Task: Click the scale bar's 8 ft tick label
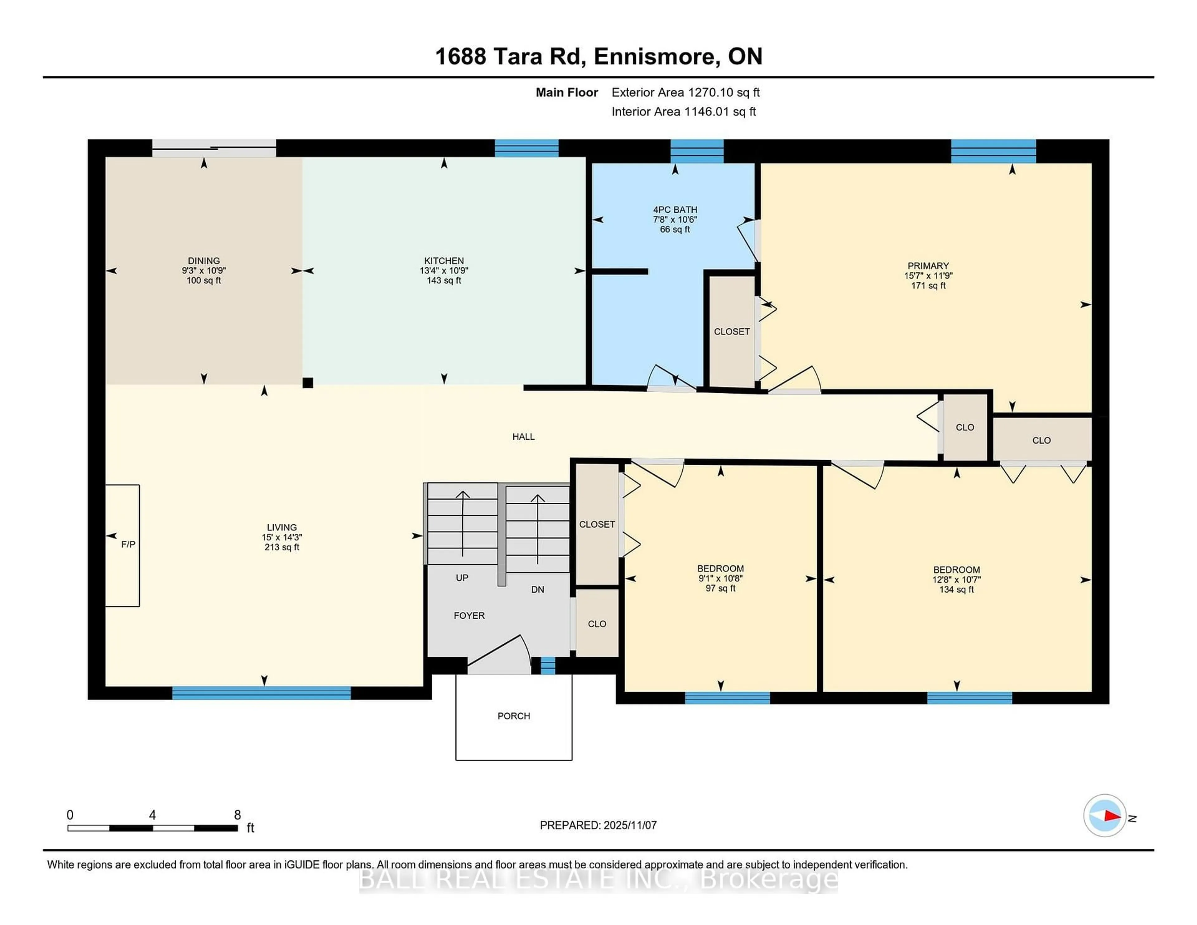(237, 815)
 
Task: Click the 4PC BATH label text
(675, 210)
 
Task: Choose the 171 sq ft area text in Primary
(928, 286)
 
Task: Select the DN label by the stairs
(538, 589)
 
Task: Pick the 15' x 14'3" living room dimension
(282, 537)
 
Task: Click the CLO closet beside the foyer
(597, 624)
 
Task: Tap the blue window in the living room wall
(262, 693)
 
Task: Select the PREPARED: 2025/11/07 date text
(598, 825)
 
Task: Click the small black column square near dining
(308, 383)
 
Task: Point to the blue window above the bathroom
(697, 150)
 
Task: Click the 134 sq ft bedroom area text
(956, 589)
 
